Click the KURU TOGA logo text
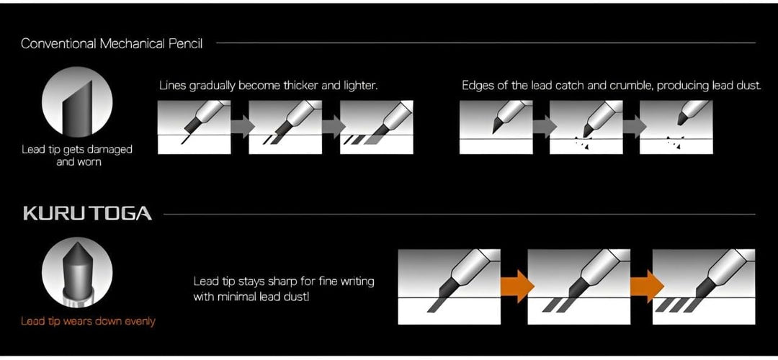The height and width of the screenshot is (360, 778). pyautogui.click(x=87, y=214)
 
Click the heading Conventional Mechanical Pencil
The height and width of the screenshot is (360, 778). pyautogui.click(x=112, y=43)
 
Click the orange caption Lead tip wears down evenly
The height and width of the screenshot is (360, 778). pyautogui.click(x=88, y=321)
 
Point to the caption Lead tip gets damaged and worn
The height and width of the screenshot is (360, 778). pyautogui.click(x=76, y=156)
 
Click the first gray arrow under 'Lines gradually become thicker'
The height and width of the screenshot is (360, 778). pyautogui.click(x=239, y=127)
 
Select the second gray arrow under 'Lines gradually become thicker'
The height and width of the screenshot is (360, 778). pyautogui.click(x=331, y=127)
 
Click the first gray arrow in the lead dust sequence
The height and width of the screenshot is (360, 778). pyautogui.click(x=541, y=127)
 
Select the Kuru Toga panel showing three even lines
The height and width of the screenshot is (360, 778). pyautogui.click(x=703, y=286)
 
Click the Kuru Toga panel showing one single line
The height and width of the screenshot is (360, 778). pyautogui.click(x=449, y=286)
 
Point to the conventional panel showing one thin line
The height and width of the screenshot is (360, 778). pyautogui.click(x=194, y=127)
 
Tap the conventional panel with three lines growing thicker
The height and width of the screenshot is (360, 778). pyautogui.click(x=376, y=127)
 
